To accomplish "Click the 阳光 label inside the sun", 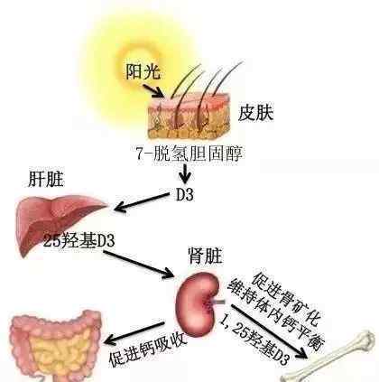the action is click(x=143, y=71).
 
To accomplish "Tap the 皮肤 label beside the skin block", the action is click(x=255, y=113).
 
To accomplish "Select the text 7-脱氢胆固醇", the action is click(x=189, y=154).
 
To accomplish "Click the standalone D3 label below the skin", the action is click(x=184, y=195).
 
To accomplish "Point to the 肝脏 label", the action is click(x=46, y=180).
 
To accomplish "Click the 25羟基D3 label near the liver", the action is click(x=79, y=241).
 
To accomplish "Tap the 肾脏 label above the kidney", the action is click(x=206, y=256).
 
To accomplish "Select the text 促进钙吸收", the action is click(x=148, y=349).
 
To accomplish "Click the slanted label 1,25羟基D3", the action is click(x=254, y=340).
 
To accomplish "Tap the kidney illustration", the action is click(x=198, y=304).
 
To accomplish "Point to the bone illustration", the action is click(x=329, y=359).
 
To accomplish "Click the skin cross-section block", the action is click(x=189, y=116).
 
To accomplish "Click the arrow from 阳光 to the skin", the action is click(x=153, y=91).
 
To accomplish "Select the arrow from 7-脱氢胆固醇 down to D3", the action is click(x=185, y=173).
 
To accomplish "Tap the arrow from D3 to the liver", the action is click(x=142, y=202).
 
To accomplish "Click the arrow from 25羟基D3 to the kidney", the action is click(x=139, y=264).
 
